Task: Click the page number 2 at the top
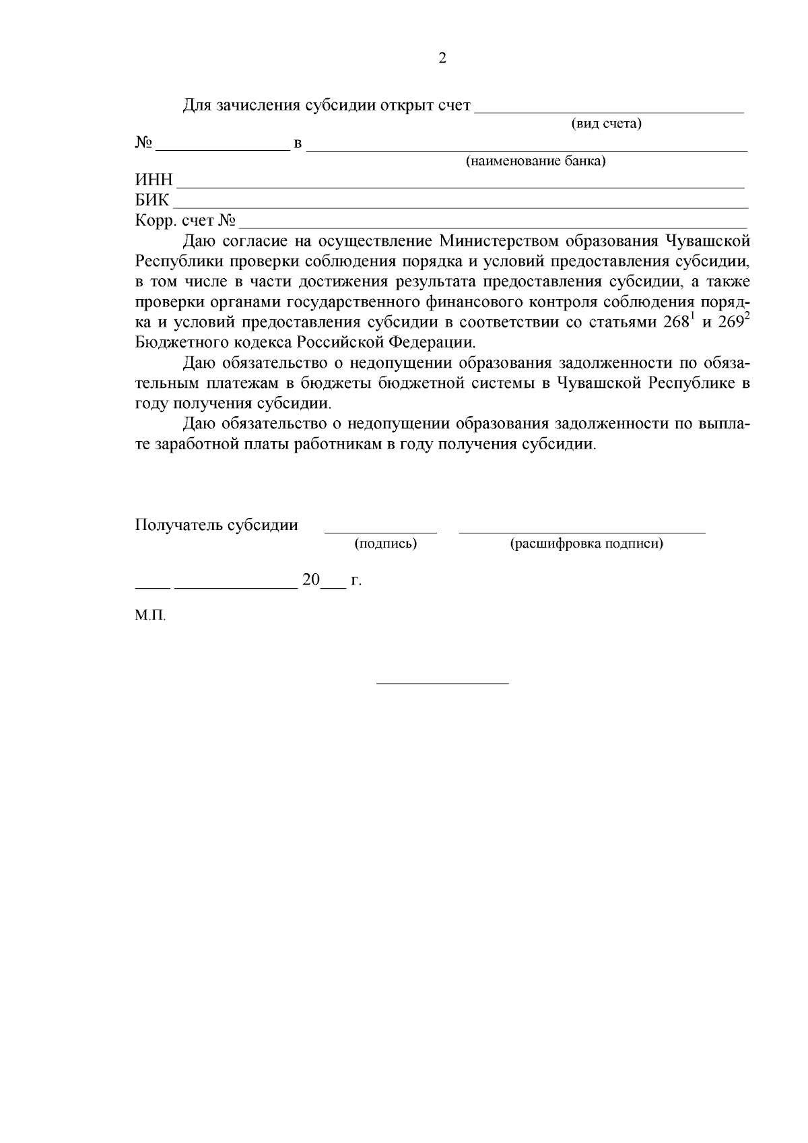[x=442, y=59]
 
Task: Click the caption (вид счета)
[x=606, y=124]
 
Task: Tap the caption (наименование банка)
[x=536, y=162]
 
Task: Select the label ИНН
[x=154, y=181]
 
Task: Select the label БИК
[x=153, y=201]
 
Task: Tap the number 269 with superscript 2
[x=732, y=321]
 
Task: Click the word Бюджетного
[x=176, y=342]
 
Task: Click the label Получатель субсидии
[x=216, y=525]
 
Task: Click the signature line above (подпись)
[x=380, y=532]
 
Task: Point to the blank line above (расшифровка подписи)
[x=582, y=532]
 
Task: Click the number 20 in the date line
[x=311, y=580]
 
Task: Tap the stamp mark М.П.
[x=150, y=616]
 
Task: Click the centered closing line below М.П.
[x=442, y=684]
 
